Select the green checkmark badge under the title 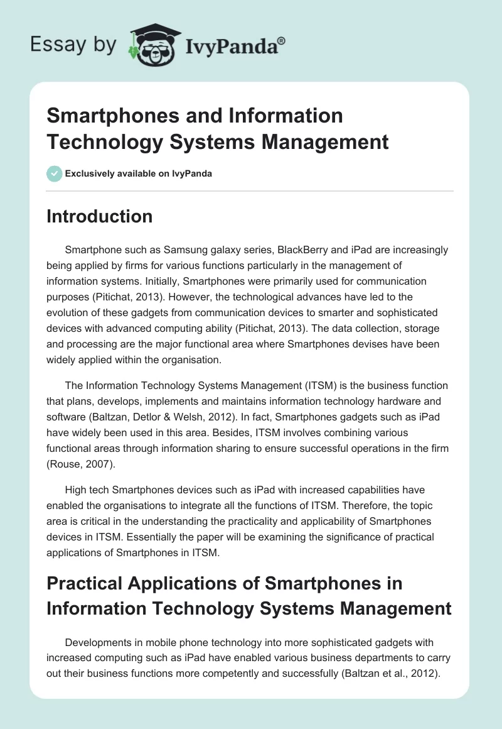click(55, 173)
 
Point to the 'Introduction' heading click(100, 216)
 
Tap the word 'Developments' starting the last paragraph click(97, 642)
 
